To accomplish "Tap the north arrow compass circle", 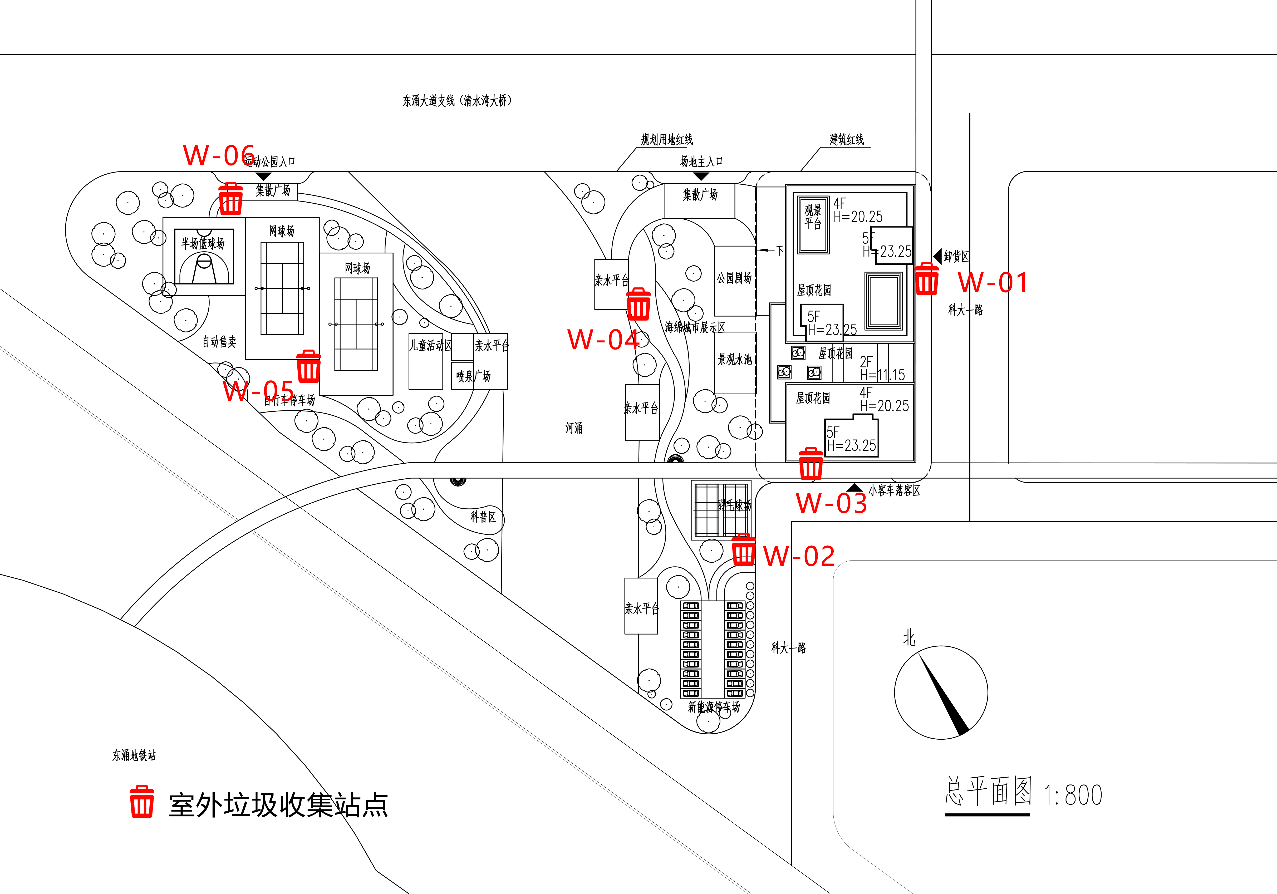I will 941,692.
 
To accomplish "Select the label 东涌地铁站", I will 134,755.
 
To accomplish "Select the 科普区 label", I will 483,517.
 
